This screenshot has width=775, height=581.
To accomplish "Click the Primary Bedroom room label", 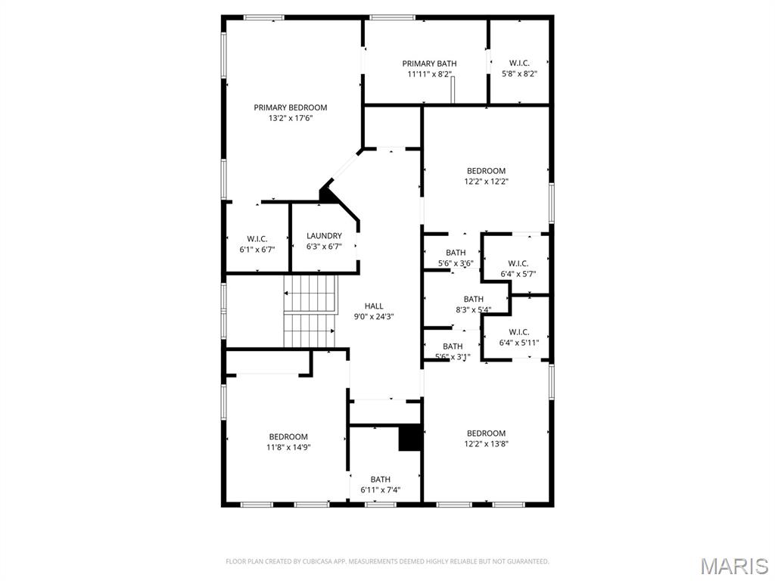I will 290,107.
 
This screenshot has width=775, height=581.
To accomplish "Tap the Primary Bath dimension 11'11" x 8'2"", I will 429,74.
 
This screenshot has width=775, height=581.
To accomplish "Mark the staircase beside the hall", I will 310,311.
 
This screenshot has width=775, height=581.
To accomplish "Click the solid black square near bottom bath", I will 409,438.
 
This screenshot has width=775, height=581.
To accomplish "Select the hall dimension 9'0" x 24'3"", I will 374,317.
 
